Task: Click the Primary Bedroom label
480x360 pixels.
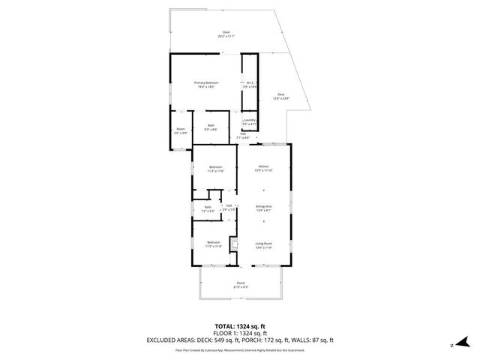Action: click(205, 85)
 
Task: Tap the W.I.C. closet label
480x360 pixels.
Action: click(250, 85)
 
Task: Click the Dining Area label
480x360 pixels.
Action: click(263, 208)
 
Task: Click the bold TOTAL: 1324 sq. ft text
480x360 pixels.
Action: click(240, 326)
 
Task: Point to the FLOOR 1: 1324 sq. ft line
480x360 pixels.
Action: click(240, 332)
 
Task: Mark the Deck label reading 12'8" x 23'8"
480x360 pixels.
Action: click(280, 96)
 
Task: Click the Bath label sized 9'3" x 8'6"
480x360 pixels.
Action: click(211, 127)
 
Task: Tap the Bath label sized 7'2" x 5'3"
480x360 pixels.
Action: click(208, 209)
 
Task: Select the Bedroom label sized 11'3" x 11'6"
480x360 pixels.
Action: click(215, 169)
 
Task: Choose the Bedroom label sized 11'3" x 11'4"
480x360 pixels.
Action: click(213, 244)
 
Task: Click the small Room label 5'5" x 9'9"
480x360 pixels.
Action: click(181, 130)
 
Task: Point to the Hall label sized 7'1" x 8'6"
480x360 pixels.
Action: click(244, 136)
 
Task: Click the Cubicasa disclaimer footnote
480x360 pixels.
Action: click(240, 349)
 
